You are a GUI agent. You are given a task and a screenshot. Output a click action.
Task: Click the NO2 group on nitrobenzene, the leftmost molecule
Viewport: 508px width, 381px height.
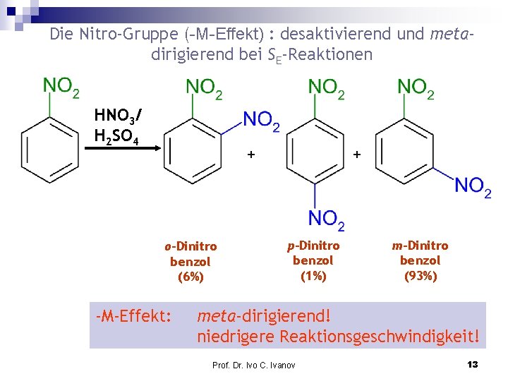[61, 87]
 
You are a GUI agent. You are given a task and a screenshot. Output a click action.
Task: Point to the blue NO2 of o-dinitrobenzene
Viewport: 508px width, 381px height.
[261, 122]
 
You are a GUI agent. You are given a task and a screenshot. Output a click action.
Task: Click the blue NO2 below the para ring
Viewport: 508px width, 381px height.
[327, 219]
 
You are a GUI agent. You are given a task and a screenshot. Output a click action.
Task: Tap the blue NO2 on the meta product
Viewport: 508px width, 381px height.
[473, 187]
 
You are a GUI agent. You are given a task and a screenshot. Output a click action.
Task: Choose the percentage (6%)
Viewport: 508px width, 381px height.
[190, 277]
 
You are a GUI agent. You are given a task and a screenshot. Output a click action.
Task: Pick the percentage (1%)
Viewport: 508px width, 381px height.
[313, 276]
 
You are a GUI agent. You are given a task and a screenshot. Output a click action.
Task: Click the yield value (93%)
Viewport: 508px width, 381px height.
[421, 276]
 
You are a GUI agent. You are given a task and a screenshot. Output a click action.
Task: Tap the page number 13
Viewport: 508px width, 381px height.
[473, 364]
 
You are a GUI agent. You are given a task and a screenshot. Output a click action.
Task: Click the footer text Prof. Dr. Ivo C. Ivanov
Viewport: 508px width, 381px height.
[254, 365]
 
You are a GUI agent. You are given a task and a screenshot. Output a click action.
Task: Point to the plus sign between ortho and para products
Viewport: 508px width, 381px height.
[250, 154]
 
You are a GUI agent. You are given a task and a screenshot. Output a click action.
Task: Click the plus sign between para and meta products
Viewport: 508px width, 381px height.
[356, 154]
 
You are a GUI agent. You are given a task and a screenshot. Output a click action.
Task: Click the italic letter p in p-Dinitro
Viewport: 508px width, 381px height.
[291, 246]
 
